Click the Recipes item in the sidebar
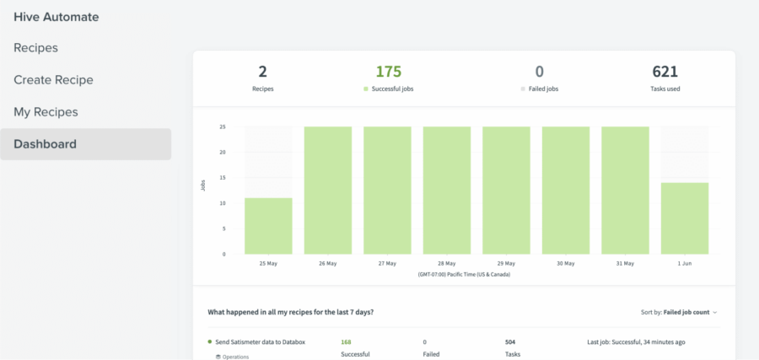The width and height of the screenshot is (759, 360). coord(35,48)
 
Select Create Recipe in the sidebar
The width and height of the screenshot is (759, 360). coord(53,80)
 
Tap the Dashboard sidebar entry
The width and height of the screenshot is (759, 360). coord(45,144)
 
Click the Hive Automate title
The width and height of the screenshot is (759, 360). coord(56,16)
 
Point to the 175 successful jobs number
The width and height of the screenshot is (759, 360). coord(389,73)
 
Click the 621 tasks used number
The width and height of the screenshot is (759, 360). coord(665,73)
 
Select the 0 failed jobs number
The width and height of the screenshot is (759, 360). coord(540,73)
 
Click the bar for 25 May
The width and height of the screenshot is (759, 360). coord(268,226)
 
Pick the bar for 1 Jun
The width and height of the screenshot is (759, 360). coord(685,218)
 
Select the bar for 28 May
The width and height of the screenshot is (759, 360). coord(447,191)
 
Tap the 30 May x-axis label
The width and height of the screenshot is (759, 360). coord(566,264)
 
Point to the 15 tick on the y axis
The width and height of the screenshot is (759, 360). coord(222,178)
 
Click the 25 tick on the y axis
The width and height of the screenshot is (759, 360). coord(222,127)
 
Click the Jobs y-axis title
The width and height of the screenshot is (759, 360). coord(203,185)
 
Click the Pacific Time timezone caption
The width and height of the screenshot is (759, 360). coord(463,275)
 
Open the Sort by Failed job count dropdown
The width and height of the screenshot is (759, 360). coord(679,312)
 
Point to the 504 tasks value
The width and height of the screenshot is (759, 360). coord(511,342)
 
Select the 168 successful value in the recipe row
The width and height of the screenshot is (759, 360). coord(347,342)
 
